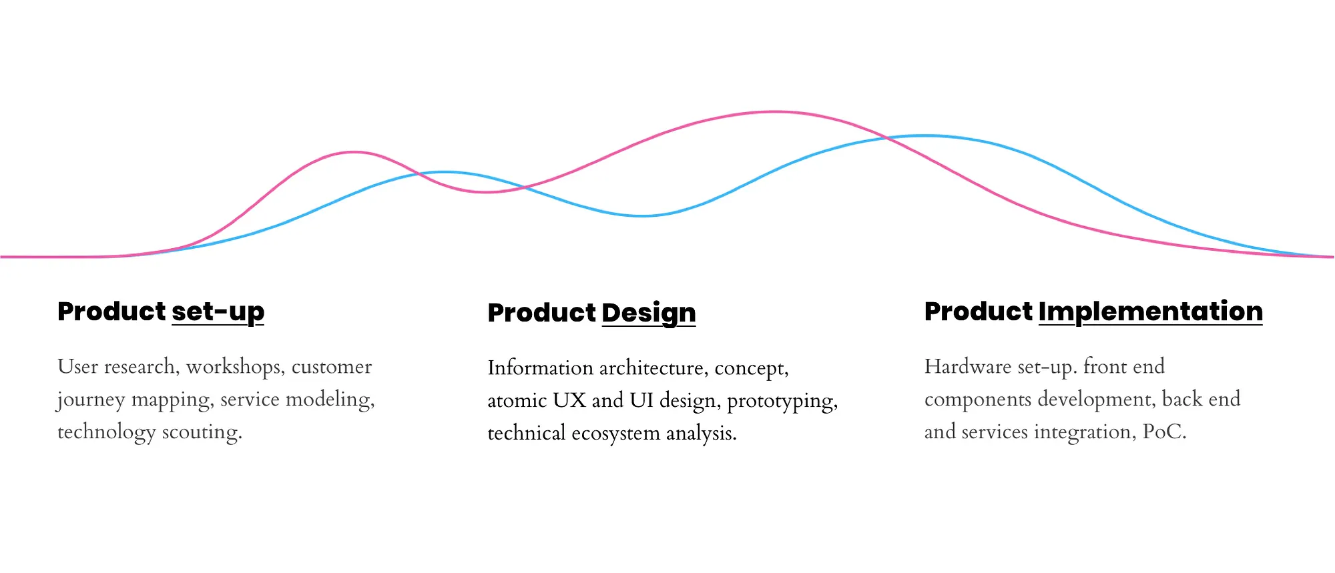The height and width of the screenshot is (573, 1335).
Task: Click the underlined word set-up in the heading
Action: [218, 312]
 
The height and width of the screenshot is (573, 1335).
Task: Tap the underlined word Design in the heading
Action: [649, 314]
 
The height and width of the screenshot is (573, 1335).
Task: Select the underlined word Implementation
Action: [1151, 312]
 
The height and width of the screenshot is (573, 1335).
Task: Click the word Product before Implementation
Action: [979, 312]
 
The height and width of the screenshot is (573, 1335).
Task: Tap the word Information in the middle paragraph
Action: [541, 368]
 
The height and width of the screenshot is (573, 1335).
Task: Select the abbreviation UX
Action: [569, 400]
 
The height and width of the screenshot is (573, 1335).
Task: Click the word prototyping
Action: [782, 402]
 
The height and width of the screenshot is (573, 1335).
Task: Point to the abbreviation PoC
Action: [1165, 432]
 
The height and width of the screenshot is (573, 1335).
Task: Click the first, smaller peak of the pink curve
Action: [354, 152]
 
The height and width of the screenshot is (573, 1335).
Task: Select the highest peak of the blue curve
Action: [925, 136]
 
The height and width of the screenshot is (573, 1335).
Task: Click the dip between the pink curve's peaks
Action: [487, 192]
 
